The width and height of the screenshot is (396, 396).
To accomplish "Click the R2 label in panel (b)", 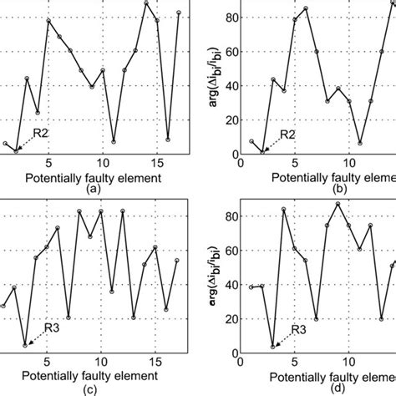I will click(x=287, y=133).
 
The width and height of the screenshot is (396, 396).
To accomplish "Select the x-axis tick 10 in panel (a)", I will click(x=102, y=165).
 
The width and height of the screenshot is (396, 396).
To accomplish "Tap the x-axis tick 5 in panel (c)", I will click(x=48, y=361).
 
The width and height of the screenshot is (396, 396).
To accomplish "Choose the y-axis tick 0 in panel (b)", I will click(x=227, y=153).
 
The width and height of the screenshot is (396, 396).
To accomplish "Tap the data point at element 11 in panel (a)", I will click(x=113, y=143).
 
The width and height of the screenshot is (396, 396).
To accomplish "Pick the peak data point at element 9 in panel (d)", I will click(x=338, y=204).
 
